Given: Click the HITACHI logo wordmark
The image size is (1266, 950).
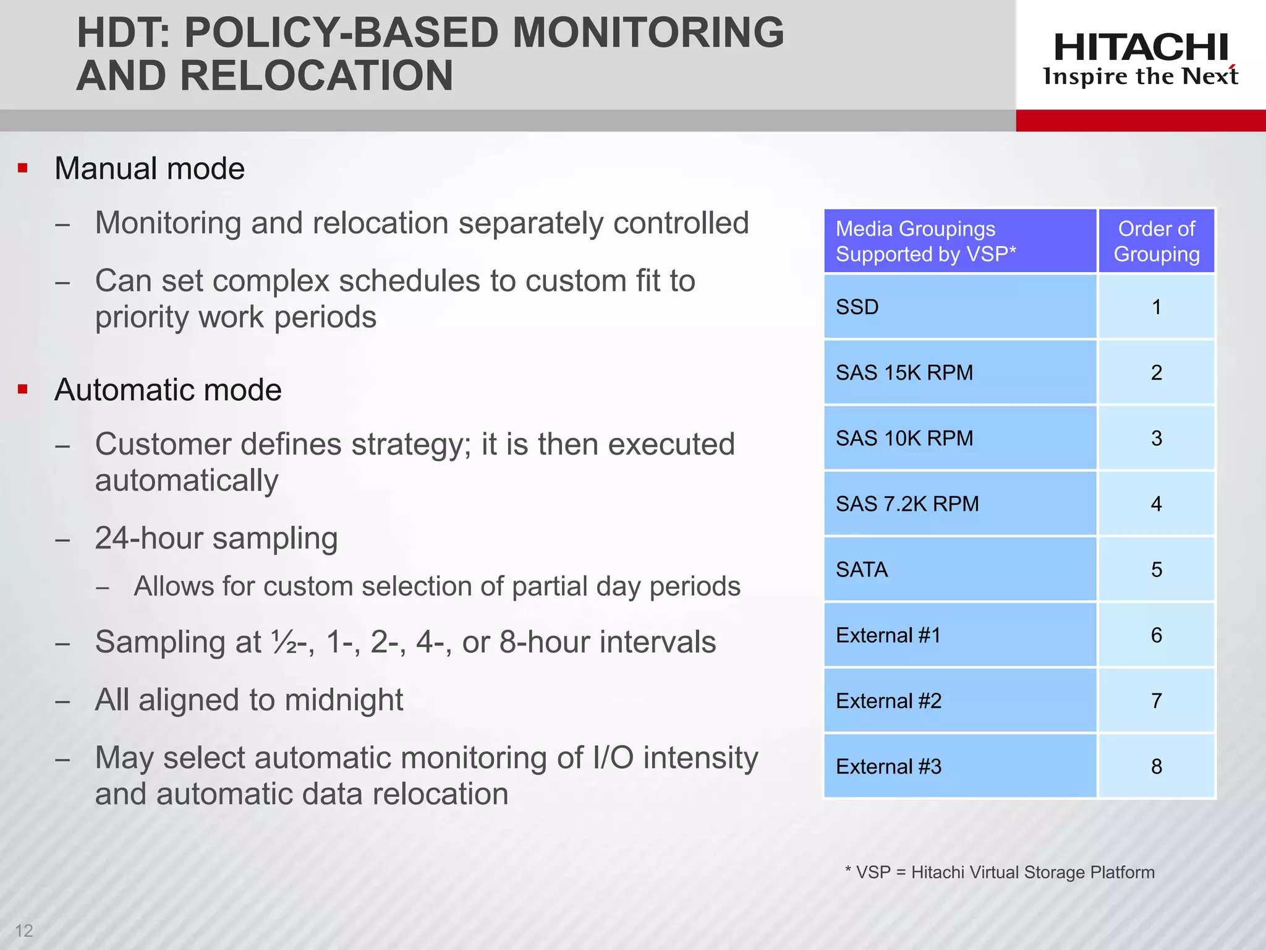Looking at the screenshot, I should click(1141, 47).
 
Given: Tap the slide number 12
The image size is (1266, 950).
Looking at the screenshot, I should click(24, 930).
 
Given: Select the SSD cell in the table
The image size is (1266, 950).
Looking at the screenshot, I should click(959, 307).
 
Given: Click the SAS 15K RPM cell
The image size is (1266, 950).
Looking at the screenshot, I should click(959, 372).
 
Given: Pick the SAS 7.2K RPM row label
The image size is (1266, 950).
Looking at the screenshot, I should click(907, 503).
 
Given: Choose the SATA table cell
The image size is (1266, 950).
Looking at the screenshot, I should click(959, 569).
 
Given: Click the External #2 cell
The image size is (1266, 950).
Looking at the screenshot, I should click(959, 701).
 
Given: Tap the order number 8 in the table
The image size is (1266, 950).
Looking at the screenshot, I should click(1156, 766).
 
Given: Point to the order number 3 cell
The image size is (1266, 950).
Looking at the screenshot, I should click(1156, 438).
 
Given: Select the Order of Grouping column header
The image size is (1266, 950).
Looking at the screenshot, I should click(1156, 241).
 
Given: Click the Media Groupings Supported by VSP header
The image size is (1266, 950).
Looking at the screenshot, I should click(959, 241).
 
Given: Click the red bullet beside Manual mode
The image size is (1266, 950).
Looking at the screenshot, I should click(23, 168).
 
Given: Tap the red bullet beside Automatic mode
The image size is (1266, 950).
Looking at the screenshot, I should click(23, 389).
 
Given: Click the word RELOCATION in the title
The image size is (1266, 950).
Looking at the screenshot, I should click(316, 75).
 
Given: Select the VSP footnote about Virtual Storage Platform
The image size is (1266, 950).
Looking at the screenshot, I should click(999, 872).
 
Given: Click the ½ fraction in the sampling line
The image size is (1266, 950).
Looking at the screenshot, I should click(284, 642).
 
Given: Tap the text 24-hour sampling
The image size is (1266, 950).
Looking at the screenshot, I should click(216, 538).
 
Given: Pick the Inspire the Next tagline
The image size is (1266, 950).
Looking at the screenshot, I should click(1141, 77).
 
